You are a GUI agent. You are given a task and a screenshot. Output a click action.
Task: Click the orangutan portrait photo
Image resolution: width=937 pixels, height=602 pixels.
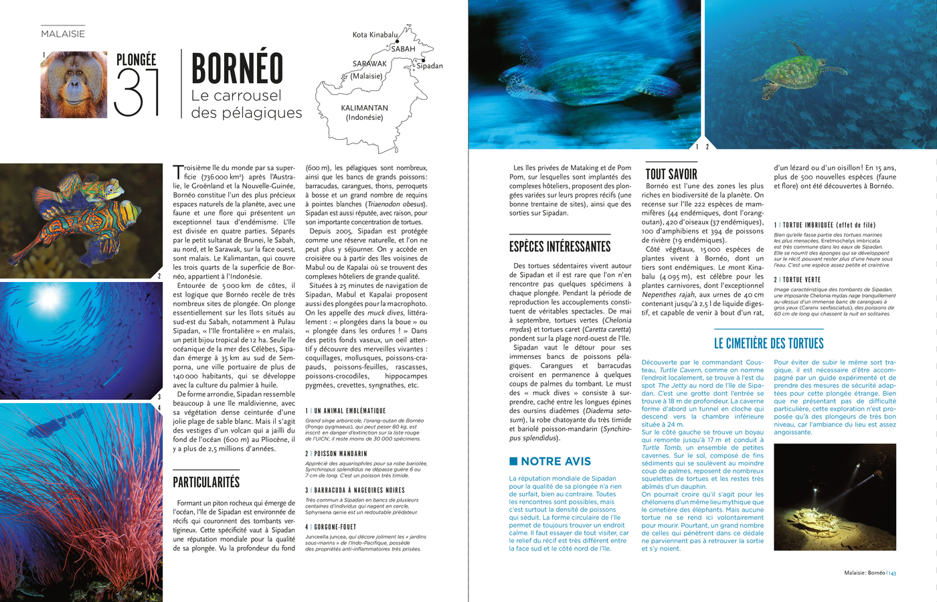74,85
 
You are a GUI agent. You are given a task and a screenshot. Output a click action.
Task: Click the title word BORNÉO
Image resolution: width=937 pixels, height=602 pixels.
237,69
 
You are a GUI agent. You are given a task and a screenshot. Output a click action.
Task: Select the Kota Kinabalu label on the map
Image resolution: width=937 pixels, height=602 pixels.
375,35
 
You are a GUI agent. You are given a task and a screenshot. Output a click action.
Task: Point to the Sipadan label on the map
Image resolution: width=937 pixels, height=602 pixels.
430,66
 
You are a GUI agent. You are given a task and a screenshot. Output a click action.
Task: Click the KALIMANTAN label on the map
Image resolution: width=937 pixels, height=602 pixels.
364,108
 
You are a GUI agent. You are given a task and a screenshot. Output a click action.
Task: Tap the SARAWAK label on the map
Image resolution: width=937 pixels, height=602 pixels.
369,64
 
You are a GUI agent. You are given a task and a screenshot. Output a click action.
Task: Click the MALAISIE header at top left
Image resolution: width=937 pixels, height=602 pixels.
63,34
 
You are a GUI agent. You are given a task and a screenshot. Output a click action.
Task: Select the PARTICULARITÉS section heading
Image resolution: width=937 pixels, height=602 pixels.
206,482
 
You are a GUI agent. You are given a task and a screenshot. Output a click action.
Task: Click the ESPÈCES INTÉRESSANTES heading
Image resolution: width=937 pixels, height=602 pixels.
560,246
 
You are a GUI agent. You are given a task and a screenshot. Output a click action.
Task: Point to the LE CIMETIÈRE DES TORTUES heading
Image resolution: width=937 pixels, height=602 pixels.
768,344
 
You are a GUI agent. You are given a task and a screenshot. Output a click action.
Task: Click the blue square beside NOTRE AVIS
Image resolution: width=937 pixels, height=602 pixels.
513,461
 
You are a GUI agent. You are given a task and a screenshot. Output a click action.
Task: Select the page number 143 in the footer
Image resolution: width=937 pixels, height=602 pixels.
892,573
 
